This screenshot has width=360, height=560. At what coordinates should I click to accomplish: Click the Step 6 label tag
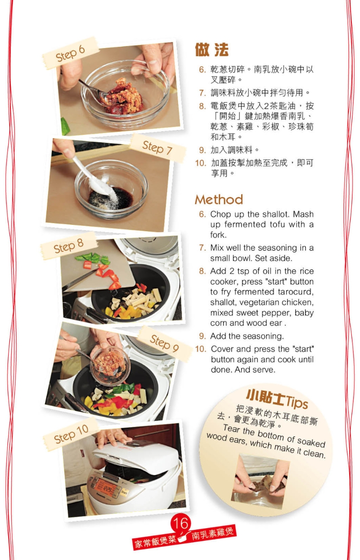[x=70, y=53]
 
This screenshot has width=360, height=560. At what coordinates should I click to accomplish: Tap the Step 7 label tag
[x=157, y=148]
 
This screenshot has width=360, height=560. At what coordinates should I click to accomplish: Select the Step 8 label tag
[x=69, y=246]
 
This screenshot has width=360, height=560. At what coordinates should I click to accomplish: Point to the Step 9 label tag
[x=164, y=343]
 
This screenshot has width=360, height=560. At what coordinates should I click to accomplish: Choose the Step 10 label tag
[x=71, y=434]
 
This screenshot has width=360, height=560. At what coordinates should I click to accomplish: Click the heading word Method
[x=219, y=199]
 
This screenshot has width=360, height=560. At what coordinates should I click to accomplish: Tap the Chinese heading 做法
[x=211, y=50]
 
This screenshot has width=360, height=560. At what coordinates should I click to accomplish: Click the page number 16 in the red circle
[x=181, y=524]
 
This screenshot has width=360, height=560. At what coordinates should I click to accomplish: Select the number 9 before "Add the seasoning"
[x=202, y=336]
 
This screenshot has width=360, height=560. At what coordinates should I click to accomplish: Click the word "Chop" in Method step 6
[x=219, y=214]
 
